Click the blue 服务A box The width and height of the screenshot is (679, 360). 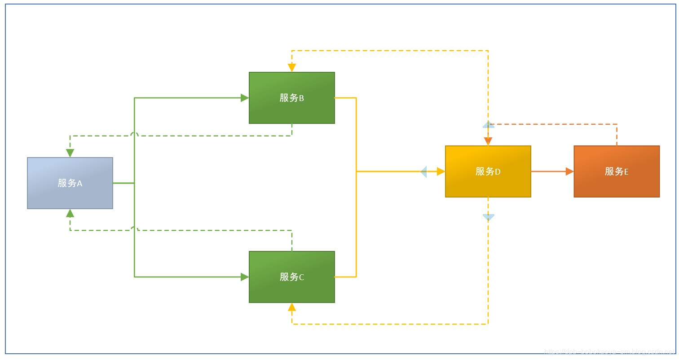tap(70, 183)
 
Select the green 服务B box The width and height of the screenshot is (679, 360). tap(292, 98)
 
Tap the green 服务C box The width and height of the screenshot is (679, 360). tap(292, 277)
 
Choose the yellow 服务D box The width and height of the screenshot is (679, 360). tap(488, 171)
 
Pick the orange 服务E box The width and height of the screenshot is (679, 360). tap(617, 171)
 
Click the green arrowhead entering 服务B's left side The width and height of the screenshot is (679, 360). tap(245, 98)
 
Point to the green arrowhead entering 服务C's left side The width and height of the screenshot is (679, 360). tap(245, 277)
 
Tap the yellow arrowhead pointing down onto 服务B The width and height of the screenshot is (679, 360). tap(292, 68)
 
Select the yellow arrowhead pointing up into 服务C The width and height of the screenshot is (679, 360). tap(292, 307)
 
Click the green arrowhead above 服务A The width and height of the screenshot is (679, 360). tap(70, 153)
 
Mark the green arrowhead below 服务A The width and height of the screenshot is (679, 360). tap(70, 213)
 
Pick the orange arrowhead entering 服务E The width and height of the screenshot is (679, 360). tap(569, 171)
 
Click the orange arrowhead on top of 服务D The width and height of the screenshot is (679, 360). tap(488, 141)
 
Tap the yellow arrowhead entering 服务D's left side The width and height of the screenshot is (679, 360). tap(441, 171)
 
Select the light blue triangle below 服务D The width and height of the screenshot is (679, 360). tap(488, 217)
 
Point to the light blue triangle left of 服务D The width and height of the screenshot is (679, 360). tap(423, 171)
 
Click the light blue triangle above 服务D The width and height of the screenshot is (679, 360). tap(488, 125)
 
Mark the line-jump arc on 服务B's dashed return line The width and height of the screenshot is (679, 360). tap(134, 134)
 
